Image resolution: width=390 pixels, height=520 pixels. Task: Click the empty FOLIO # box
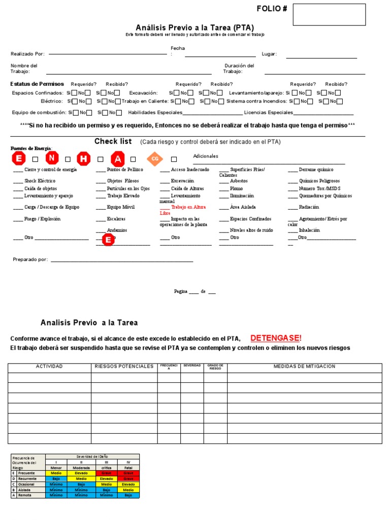pos(329,15)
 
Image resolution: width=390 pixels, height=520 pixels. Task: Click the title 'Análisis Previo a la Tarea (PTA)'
pos(195,27)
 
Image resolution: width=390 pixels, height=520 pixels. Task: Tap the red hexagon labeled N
pos(52,159)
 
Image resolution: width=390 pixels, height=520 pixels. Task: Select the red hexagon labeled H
pos(84,159)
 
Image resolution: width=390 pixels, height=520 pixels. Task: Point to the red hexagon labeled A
pos(118,159)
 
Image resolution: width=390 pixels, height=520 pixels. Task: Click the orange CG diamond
pos(155,159)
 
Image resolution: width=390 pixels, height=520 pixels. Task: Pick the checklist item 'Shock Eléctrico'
pos(40,181)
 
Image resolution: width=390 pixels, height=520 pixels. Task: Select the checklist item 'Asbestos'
pos(239,181)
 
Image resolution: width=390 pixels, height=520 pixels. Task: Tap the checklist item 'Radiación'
pos(309,207)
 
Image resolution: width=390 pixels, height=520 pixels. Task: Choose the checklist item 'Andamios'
pos(117,230)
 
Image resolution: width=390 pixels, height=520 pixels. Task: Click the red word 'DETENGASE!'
pos(276,338)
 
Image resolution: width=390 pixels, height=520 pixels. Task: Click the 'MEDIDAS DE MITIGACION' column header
pos(304,366)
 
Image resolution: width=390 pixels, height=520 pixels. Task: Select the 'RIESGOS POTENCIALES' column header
pos(124,366)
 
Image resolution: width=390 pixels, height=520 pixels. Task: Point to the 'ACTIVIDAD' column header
pos(49,366)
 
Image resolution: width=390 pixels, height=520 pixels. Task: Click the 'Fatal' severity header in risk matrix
pos(127,468)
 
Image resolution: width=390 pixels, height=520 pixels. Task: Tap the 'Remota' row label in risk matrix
pos(25,495)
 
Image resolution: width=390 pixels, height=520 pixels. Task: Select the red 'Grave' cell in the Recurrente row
pos(127,478)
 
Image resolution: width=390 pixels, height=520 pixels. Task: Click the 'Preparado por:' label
pos(30,259)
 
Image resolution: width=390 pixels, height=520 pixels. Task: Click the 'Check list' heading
pos(113,141)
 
